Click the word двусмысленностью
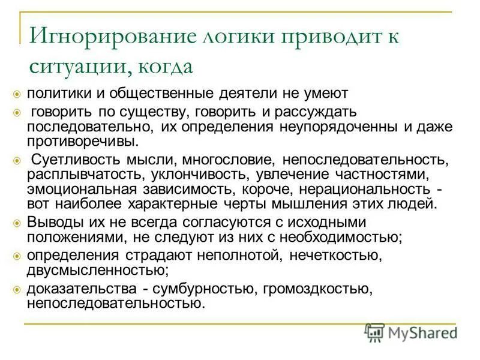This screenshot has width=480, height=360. click(x=97, y=269)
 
